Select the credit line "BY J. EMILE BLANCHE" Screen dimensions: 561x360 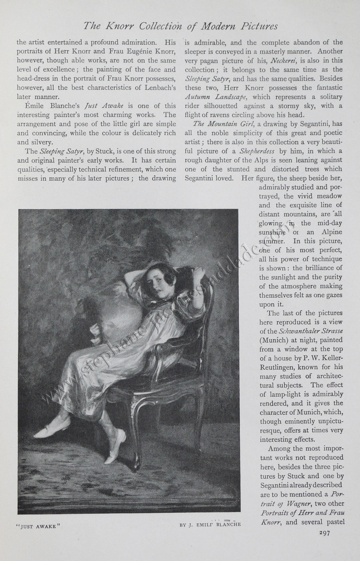tap(210, 525)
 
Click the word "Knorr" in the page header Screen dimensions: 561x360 tap(120, 26)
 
